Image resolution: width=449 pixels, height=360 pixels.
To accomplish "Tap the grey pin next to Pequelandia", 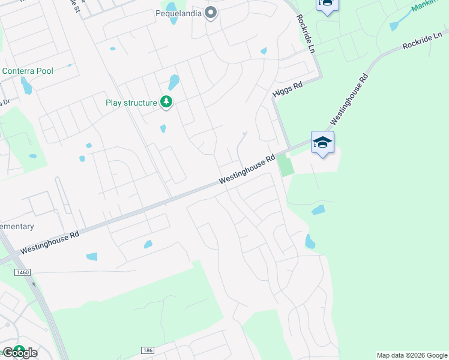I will click(210, 12).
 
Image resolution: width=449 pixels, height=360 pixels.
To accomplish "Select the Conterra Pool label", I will click(28, 71).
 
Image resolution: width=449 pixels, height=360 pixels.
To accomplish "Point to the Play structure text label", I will click(131, 103).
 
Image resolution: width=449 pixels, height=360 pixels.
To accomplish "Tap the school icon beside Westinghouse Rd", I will click(322, 143).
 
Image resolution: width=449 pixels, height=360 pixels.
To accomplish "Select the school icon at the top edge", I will click(327, 4).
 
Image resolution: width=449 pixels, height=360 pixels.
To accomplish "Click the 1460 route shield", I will click(23, 272).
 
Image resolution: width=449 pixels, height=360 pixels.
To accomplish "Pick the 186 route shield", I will click(148, 350).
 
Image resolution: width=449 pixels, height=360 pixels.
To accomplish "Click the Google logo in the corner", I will click(19, 352).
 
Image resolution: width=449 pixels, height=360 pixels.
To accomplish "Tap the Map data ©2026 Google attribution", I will click(412, 355).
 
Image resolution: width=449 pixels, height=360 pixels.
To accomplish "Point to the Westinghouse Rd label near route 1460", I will click(50, 242).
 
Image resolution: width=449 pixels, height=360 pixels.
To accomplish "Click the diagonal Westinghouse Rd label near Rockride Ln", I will click(348, 98).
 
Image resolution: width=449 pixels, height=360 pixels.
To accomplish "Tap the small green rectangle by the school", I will click(286, 164).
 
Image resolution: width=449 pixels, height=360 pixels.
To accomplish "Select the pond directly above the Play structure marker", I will click(173, 82).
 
